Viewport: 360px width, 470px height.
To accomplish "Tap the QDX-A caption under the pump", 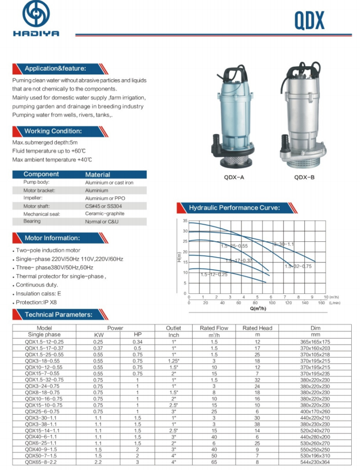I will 235,177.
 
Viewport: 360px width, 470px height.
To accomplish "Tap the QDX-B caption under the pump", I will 304,177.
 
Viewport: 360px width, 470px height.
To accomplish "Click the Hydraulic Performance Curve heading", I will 234,208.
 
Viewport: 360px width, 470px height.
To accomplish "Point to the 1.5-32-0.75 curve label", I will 298,266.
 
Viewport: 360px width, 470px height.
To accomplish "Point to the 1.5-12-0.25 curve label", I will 214,274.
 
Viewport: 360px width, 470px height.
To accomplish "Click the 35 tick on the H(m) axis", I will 185,221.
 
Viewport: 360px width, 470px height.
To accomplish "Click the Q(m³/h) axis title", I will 258,309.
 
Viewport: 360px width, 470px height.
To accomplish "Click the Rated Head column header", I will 257,328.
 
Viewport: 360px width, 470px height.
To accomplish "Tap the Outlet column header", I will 173,328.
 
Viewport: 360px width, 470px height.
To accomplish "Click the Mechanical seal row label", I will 40,214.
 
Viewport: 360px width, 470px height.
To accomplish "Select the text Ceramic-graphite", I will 104,214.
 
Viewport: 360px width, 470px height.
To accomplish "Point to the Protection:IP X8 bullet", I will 37,302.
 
